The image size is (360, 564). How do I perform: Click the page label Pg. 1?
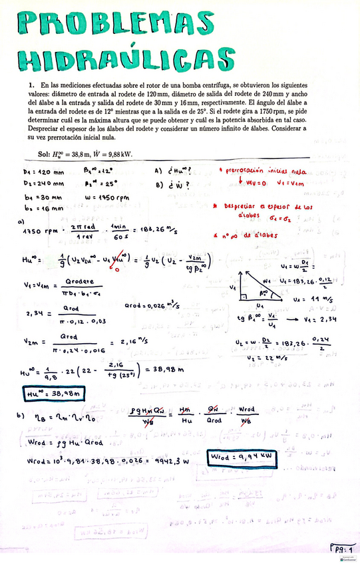(x=343, y=549)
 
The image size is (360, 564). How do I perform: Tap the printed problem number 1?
(x=31, y=86)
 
